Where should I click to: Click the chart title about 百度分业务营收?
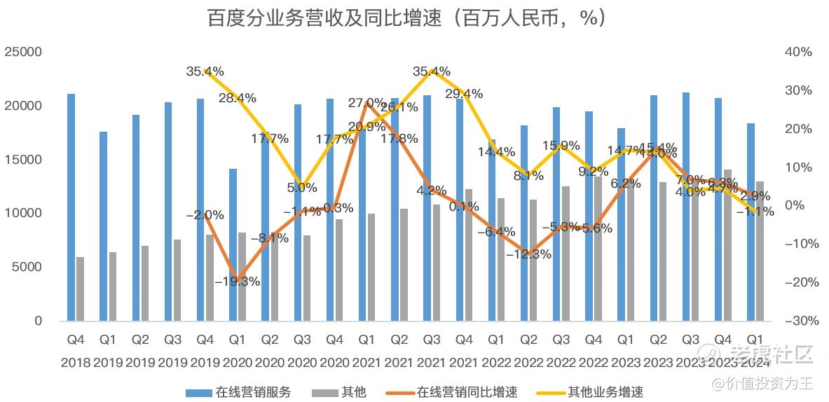click(406, 18)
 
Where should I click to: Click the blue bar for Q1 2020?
click(233, 244)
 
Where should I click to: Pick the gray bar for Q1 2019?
click(113, 286)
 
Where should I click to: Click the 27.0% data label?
click(366, 103)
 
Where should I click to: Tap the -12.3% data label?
click(528, 254)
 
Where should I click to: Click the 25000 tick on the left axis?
click(23, 52)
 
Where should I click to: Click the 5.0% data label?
click(301, 188)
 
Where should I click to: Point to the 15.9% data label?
click(561, 146)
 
